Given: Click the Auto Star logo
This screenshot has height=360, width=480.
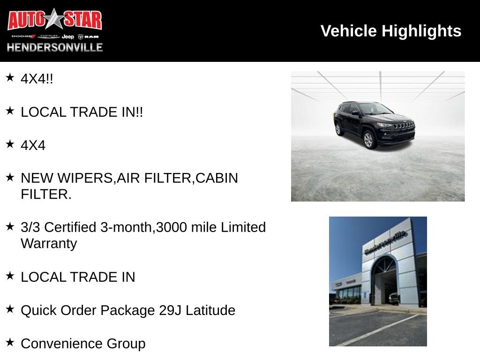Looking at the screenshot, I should pos(54,21).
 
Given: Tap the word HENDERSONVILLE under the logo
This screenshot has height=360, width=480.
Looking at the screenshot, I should pos(54,47).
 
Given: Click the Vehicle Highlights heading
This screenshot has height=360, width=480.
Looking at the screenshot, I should pos(390,31).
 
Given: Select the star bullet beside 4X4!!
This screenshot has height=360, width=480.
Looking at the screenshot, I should pos(10,77).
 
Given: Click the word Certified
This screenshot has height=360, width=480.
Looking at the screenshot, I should pos(70,227).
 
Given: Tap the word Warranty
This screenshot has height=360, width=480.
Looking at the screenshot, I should pos(49,244).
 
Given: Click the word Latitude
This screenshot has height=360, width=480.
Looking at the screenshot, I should pos(210,310).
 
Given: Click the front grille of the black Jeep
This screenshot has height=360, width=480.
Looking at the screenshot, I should pos(403,125).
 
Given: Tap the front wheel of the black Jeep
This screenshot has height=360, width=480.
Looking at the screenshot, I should pos(368,140).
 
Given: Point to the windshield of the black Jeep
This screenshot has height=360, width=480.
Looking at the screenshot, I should pos(375,109).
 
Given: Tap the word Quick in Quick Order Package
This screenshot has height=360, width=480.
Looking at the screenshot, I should pos(37,310).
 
